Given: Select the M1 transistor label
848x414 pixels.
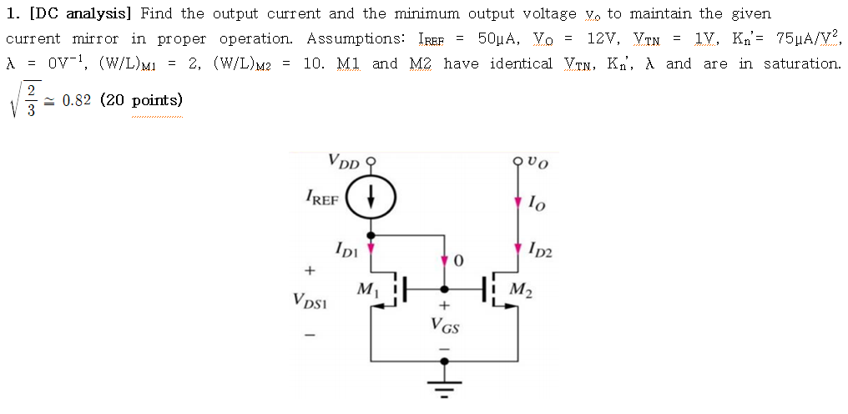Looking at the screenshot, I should click(366, 290).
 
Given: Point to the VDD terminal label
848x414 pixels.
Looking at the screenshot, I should click(343, 159).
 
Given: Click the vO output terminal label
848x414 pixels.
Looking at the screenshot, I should click(538, 159).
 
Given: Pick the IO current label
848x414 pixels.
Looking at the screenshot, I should click(535, 200).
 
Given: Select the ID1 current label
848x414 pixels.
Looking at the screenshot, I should click(346, 248).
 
